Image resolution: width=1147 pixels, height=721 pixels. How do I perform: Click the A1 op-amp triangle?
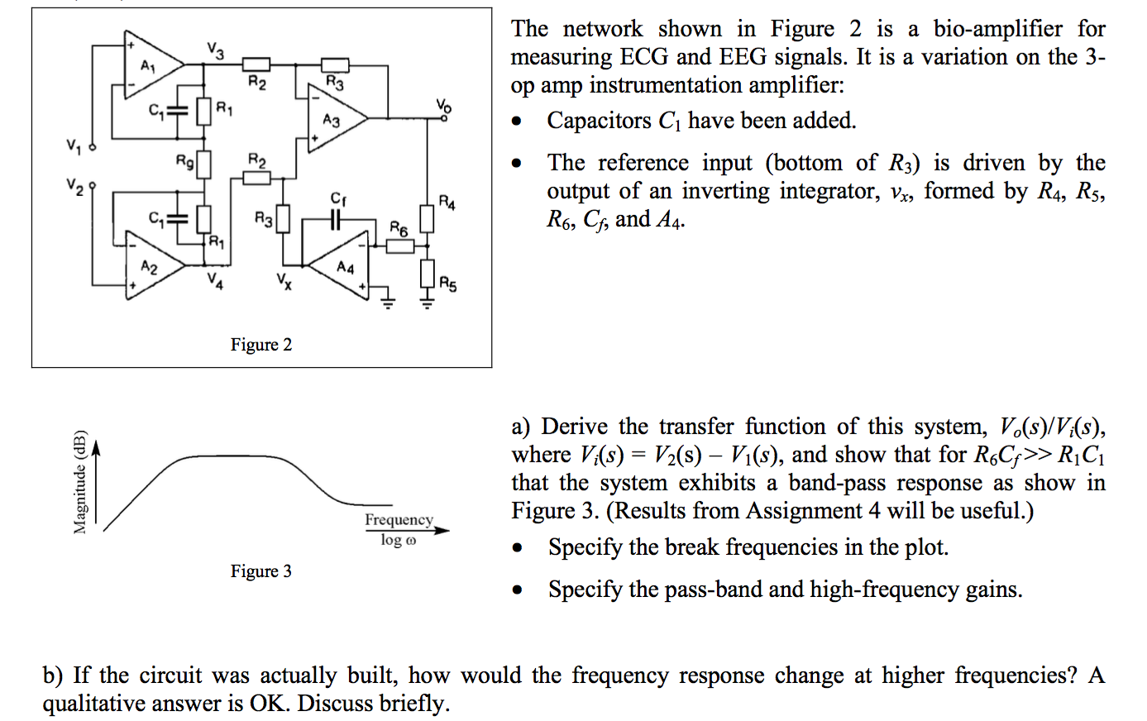point(151,65)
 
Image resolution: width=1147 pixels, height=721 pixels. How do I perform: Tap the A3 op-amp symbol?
point(334,119)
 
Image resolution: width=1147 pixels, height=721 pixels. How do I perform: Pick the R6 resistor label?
point(399,227)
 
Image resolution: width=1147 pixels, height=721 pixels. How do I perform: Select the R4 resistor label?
point(447,202)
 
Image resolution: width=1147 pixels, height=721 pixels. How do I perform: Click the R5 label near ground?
point(447,284)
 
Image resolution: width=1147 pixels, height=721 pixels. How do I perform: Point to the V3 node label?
point(215,50)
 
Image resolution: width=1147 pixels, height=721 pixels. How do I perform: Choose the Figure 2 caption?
point(261,345)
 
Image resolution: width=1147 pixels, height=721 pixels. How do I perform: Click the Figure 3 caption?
point(261,571)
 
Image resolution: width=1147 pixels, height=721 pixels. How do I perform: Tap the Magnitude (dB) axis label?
point(80,482)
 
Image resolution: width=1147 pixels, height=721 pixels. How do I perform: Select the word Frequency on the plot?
point(399,519)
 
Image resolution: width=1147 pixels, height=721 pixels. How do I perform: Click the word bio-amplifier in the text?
point(997,29)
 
